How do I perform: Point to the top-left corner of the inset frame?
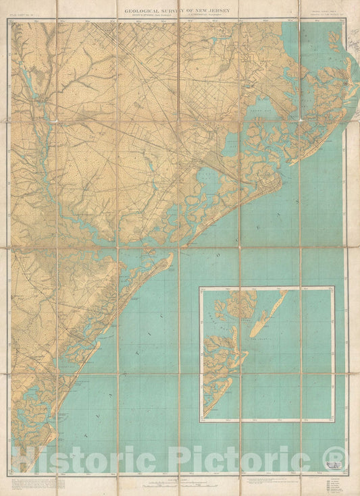[199, 287]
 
